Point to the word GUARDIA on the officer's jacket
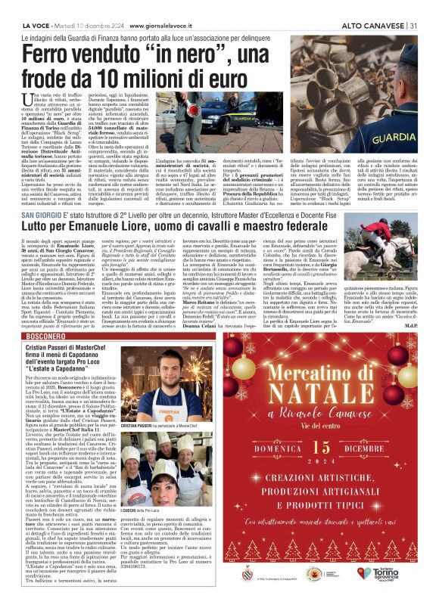391,141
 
